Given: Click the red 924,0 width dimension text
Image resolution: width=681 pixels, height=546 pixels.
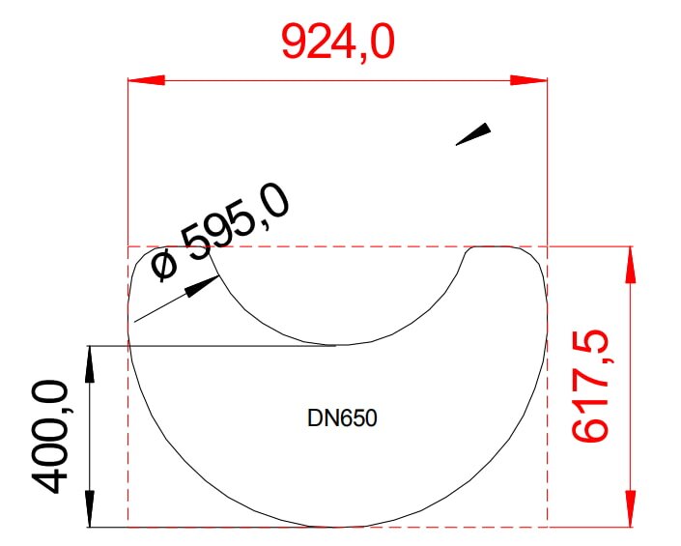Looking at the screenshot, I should coord(338,41).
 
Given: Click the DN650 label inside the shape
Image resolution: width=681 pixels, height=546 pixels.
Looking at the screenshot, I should coord(341,419).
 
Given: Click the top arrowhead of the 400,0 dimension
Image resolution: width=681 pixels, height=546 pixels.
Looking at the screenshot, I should coord(90,362).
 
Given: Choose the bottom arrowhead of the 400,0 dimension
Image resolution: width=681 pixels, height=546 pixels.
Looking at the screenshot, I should coord(90,509).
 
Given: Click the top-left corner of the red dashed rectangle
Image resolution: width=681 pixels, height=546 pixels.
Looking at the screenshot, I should coord(128,246).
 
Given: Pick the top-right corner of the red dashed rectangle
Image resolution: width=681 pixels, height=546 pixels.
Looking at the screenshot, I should coord(548,246).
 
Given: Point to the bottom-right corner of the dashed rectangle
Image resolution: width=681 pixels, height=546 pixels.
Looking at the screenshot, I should coord(548,527).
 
